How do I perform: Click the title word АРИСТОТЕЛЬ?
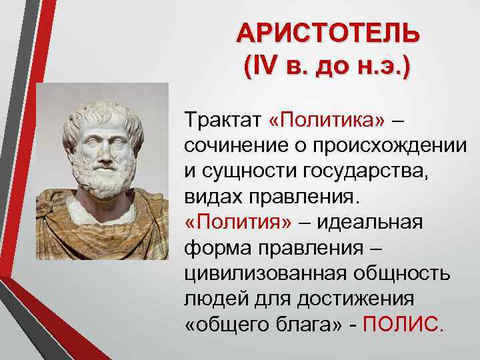pyautogui.click(x=327, y=34)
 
